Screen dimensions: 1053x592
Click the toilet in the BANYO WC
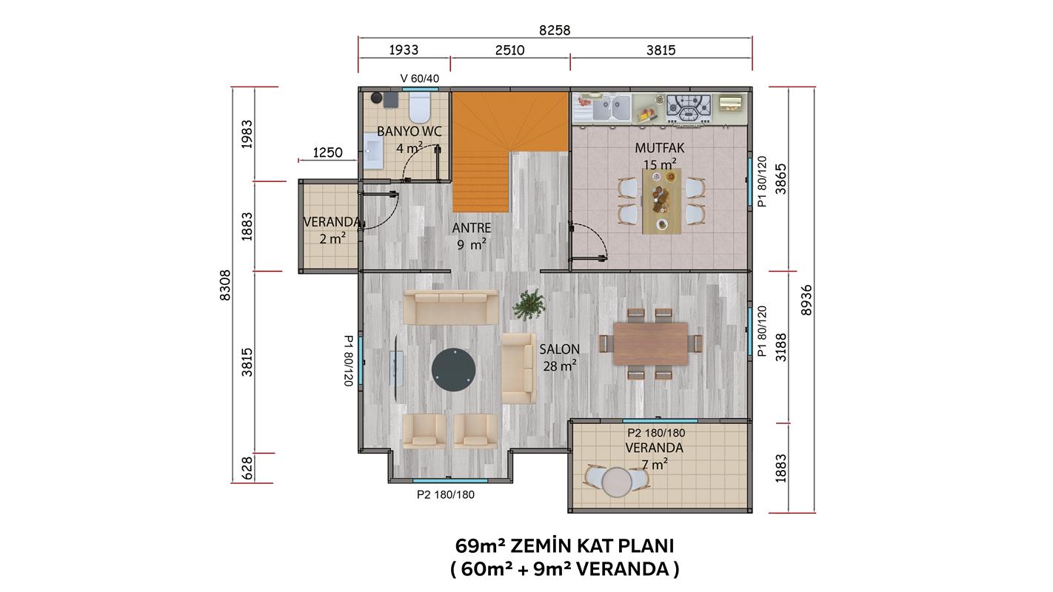420,107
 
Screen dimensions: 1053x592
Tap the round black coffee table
454,370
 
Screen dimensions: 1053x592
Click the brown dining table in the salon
651,343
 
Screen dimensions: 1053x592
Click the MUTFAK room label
660,148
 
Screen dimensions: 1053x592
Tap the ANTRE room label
472,228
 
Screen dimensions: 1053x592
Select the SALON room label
559,349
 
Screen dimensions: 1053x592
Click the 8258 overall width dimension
555,30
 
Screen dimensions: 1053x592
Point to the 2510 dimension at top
510,50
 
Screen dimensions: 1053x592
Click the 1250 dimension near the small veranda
327,152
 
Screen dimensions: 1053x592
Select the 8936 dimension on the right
806,300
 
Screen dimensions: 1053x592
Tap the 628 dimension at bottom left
247,468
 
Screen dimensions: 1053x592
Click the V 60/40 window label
420,78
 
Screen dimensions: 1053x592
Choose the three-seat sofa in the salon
451,307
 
